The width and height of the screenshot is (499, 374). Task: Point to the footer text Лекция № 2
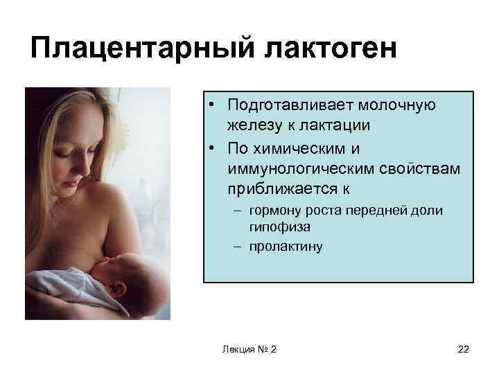pos(249,349)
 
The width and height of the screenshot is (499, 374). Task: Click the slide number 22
pos(463,349)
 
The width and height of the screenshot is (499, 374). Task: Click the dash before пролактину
pos(238,245)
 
